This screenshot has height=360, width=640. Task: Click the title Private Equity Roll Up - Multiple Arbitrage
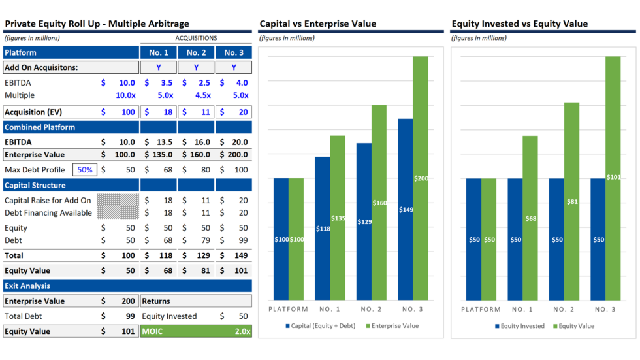97,24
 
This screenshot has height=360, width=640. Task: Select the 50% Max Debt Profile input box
85,170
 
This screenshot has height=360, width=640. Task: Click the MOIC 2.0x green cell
196,331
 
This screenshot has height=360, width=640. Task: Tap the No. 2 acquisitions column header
196,52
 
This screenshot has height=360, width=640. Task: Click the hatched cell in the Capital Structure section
118,206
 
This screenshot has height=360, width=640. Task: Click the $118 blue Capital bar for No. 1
323,229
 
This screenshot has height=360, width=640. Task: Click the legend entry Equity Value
577,326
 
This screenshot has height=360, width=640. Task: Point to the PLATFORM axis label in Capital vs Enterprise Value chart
289,309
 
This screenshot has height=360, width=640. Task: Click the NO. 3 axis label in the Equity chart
605,309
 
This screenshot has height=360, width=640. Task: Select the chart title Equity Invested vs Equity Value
519,24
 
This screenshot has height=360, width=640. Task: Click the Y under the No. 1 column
159,67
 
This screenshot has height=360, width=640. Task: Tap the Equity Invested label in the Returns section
169,316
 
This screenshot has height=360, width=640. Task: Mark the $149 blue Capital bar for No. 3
406,209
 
